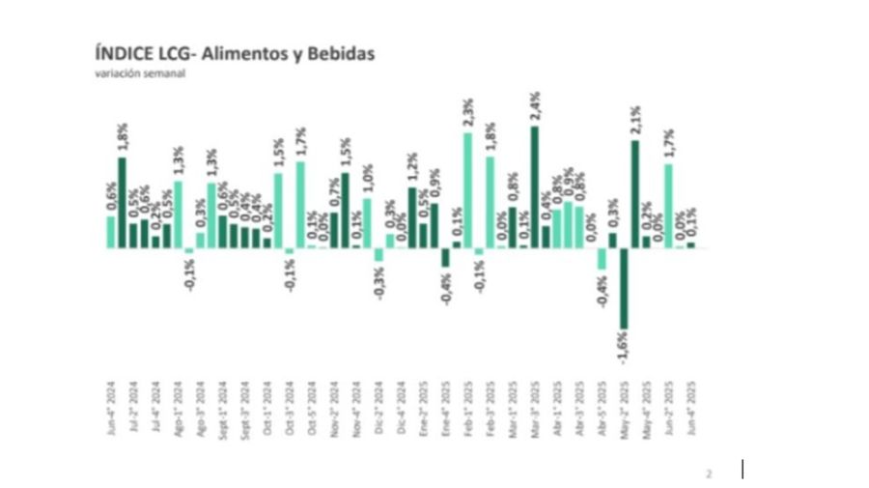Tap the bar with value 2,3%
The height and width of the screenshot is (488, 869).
click(x=468, y=190)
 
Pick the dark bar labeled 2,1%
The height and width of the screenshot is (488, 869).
click(x=635, y=194)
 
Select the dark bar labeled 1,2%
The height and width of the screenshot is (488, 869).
click(x=412, y=217)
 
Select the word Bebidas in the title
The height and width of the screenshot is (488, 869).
click(x=341, y=54)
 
